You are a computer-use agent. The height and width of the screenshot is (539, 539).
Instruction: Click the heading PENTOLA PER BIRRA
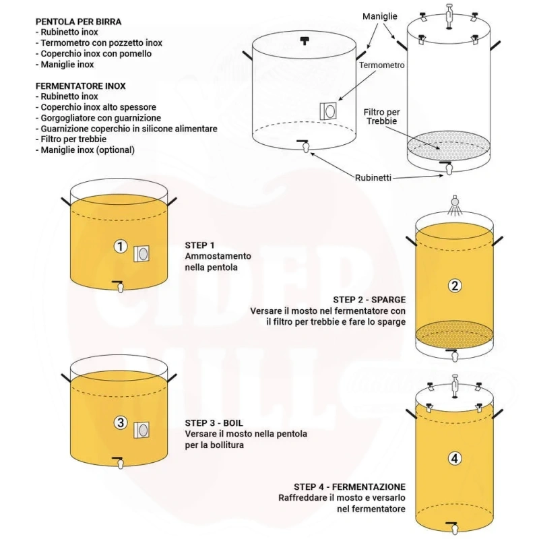click(78, 22)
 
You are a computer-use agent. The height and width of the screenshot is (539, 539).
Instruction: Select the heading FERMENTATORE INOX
click(80, 86)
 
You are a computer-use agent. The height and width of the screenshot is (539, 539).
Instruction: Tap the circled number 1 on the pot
click(121, 246)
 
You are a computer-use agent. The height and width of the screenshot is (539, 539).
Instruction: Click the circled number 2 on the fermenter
click(454, 286)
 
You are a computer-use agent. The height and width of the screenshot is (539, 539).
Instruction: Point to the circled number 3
click(121, 422)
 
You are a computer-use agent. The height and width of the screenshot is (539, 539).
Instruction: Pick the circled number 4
click(454, 458)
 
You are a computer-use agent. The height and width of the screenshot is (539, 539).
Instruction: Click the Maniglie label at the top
click(380, 16)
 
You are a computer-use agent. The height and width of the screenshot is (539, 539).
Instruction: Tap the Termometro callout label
click(382, 65)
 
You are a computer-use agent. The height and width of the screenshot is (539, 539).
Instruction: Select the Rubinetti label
click(373, 178)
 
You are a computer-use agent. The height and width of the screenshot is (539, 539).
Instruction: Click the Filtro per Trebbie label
click(381, 117)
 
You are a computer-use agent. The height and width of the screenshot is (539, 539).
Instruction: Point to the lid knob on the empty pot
click(305, 40)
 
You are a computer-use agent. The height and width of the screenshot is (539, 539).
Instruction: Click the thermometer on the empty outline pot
click(328, 111)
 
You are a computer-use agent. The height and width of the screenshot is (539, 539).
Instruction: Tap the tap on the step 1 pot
click(119, 286)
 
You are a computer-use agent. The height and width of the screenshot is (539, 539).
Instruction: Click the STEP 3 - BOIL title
click(214, 423)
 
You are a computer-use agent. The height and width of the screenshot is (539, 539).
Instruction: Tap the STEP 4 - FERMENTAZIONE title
click(350, 486)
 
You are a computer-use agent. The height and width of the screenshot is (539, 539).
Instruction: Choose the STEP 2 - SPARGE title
click(369, 300)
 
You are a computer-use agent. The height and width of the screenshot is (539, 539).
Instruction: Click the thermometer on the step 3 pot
click(141, 430)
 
